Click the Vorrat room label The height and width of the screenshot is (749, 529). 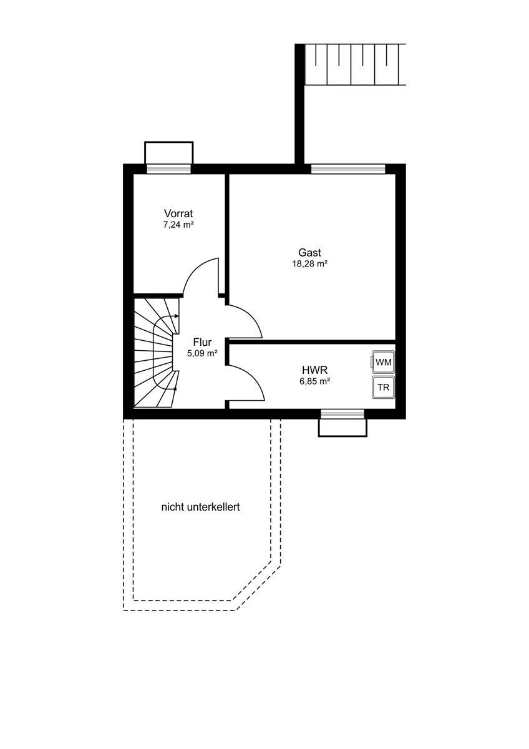pos(178,213)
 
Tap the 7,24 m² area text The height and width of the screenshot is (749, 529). pos(178,225)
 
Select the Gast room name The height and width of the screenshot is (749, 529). pos(310,252)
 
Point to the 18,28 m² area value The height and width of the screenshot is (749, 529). pos(309,264)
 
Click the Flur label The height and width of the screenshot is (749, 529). pos(202,342)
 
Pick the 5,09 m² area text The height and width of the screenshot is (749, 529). pos(202,353)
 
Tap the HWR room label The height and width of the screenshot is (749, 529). pos(315,370)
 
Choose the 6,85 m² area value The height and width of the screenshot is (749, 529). pos(315,381)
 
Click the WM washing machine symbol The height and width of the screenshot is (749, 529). pos(383,361)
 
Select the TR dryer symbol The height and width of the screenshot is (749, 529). pos(383,387)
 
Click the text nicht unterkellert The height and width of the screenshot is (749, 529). pos(200,507)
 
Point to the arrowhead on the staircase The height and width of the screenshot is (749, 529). pos(177,316)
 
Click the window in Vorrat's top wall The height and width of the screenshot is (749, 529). pos(169,169)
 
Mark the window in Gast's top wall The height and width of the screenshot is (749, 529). pos(348,169)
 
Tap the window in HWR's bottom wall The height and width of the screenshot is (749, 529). pos(342,414)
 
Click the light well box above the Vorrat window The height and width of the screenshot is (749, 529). pos(169,153)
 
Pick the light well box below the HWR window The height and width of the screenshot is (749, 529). pos(342,428)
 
